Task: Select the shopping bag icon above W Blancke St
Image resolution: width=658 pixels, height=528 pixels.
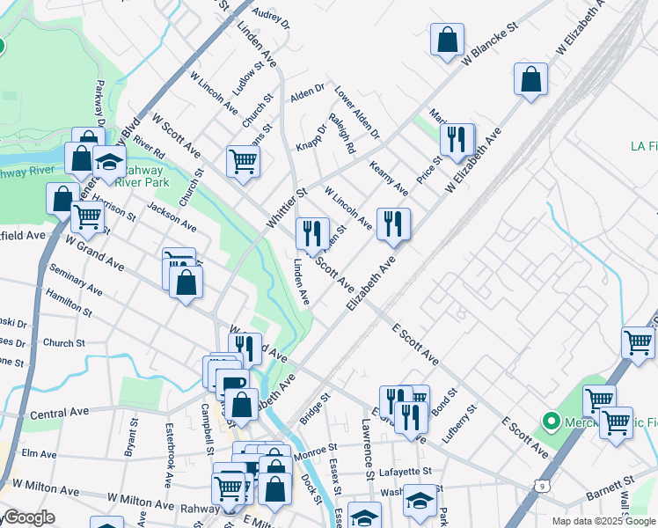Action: coord(447,40)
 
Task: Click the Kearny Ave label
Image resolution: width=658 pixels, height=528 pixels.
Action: coord(389,179)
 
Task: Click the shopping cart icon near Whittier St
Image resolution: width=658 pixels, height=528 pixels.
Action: coord(243,161)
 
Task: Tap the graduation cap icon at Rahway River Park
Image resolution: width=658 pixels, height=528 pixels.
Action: coord(109,164)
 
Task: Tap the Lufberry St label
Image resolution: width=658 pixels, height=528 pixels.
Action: coord(466,422)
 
